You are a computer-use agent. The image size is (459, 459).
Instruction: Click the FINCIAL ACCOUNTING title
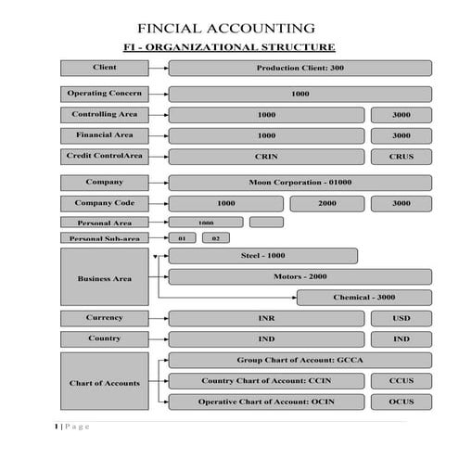225,28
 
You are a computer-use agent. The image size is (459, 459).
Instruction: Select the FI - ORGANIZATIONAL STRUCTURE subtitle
229,46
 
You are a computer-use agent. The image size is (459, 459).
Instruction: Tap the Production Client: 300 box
300,68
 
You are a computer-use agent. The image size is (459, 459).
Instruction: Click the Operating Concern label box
105,94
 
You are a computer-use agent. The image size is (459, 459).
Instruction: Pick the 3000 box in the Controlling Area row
401,115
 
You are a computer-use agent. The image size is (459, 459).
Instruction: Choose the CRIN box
266,157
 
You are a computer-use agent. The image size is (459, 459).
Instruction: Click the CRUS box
401,157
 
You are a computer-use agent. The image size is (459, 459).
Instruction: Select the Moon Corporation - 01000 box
300,183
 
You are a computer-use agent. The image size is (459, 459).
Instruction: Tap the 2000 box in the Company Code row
326,203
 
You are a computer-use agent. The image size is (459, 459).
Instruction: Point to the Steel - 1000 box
263,255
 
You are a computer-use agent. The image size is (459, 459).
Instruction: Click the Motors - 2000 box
300,276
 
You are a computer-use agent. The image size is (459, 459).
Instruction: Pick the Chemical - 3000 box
363,298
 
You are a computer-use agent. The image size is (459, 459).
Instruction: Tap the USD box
401,318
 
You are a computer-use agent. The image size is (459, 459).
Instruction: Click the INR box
266,318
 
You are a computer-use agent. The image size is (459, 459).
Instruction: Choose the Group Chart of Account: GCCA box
300,360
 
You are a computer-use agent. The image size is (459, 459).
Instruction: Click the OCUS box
401,402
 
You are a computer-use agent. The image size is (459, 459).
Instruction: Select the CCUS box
401,381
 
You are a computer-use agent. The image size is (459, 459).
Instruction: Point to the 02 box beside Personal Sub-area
215,238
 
